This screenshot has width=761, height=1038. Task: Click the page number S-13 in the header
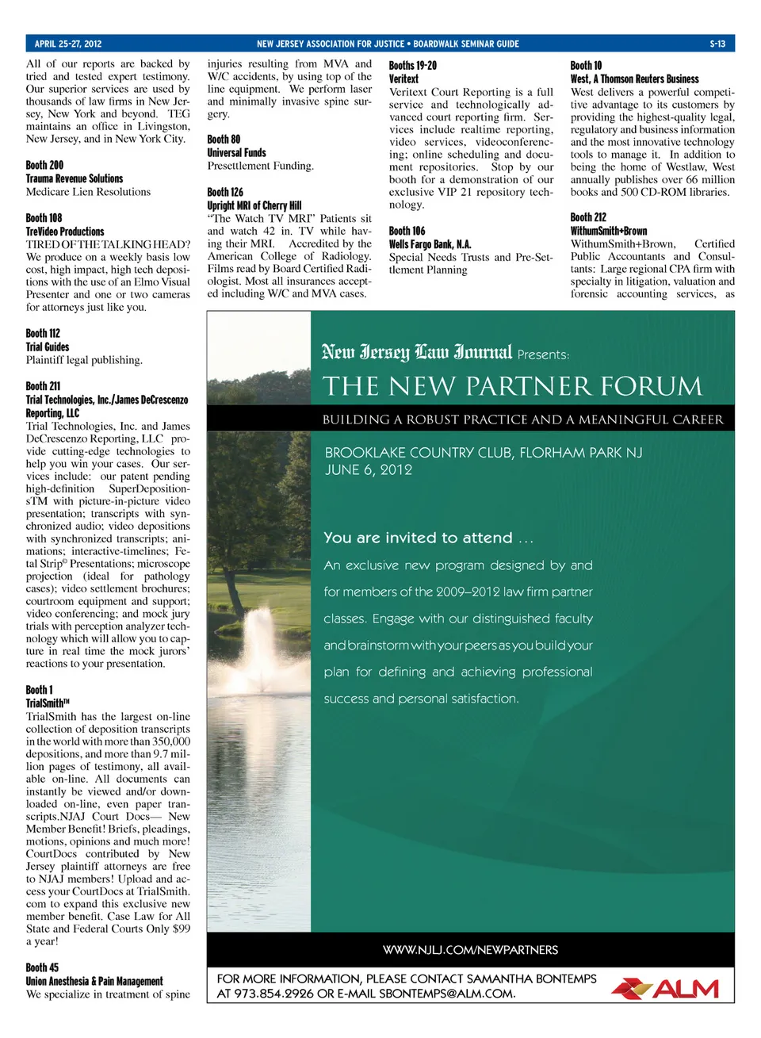pyautogui.click(x=717, y=44)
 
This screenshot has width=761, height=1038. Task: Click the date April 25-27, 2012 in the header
pyautogui.click(x=68, y=44)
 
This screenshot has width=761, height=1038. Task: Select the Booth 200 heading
pyautogui.click(x=44, y=165)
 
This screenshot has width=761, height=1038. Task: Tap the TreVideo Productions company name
pyautogui.click(x=65, y=231)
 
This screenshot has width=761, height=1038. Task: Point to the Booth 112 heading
pyautogui.click(x=43, y=333)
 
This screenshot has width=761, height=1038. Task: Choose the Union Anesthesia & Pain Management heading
pyautogui.click(x=94, y=981)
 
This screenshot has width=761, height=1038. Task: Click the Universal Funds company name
pyautogui.click(x=236, y=152)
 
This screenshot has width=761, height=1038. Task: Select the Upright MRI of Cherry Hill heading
pyautogui.click(x=254, y=205)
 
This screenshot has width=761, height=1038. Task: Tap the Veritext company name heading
pyautogui.click(x=403, y=79)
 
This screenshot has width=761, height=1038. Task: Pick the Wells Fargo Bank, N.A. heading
pyautogui.click(x=430, y=244)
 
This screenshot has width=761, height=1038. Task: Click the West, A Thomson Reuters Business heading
pyautogui.click(x=634, y=79)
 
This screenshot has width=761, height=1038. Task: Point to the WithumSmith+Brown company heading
pyautogui.click(x=609, y=231)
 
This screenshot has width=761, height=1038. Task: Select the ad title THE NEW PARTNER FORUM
pyautogui.click(x=512, y=386)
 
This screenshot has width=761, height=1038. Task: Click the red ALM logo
pyautogui.click(x=666, y=988)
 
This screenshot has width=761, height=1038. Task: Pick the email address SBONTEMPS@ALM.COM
pyautogui.click(x=447, y=994)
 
